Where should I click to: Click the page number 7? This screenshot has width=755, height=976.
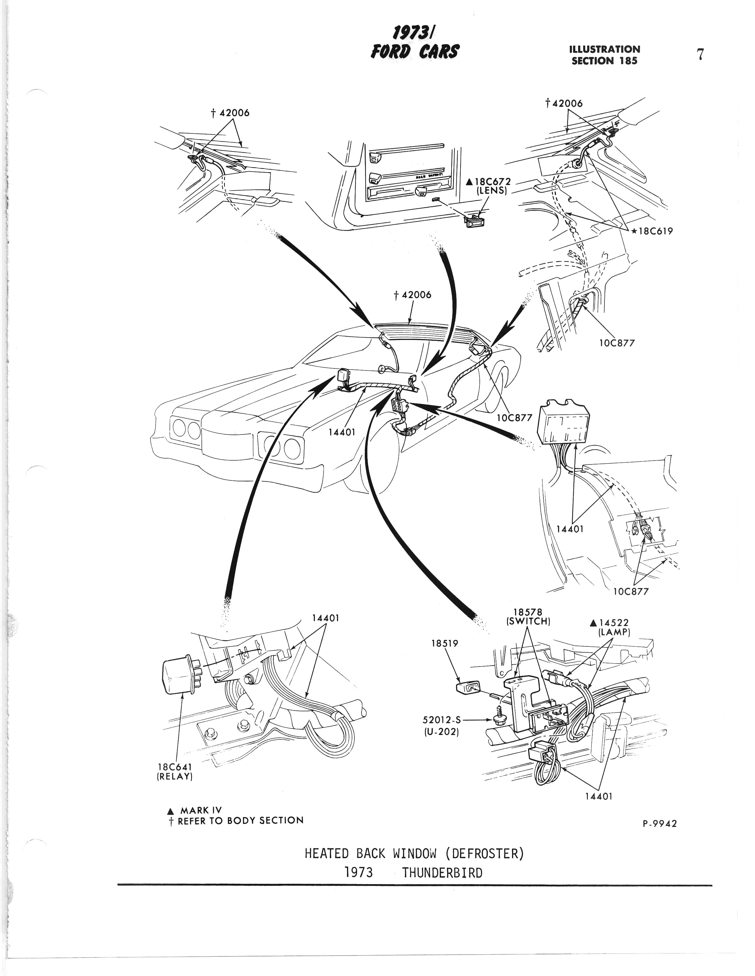point(700,55)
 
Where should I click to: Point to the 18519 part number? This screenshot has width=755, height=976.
point(445,643)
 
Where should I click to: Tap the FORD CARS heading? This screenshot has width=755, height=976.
point(415,50)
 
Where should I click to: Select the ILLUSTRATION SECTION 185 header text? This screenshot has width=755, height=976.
point(604,55)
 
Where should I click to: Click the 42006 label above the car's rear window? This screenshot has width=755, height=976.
point(412,295)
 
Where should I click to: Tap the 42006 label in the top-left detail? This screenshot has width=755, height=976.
point(230,113)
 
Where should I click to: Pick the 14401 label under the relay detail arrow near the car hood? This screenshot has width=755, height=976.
point(341,432)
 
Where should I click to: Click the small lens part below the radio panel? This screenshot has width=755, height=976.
point(476,220)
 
